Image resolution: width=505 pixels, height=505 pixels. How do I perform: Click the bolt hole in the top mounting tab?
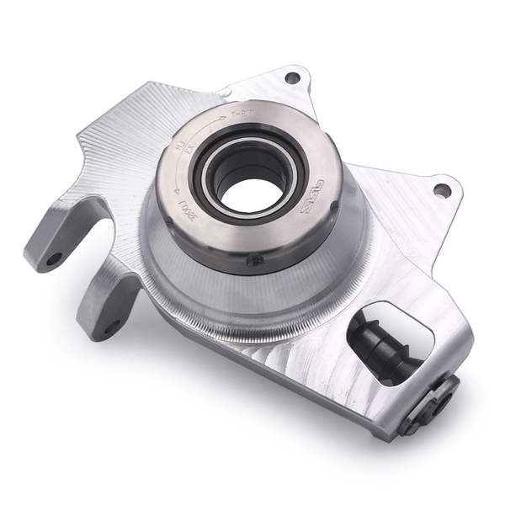[292, 77]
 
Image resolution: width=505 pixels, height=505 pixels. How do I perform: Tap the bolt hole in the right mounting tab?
[442, 190]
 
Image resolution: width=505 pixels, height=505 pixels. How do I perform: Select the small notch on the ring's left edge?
[166, 221]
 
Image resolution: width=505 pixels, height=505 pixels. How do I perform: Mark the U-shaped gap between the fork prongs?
[93, 252]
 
